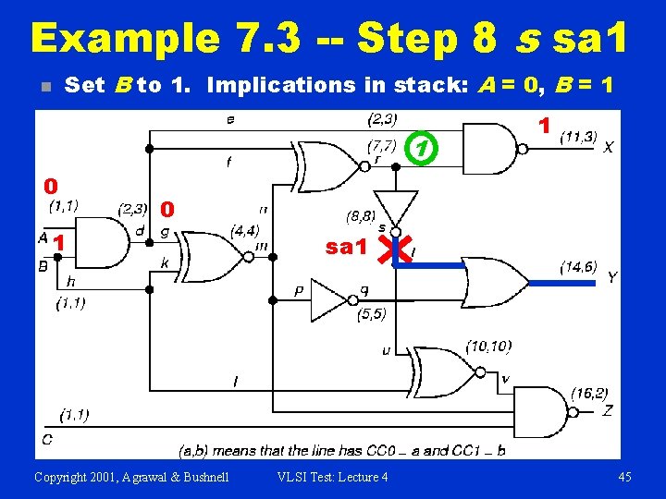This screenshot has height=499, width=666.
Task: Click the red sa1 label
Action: (x=347, y=248)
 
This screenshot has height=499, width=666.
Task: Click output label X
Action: (x=608, y=147)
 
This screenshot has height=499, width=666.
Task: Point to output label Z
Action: (x=608, y=410)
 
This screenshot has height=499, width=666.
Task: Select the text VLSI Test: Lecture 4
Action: (x=333, y=477)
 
